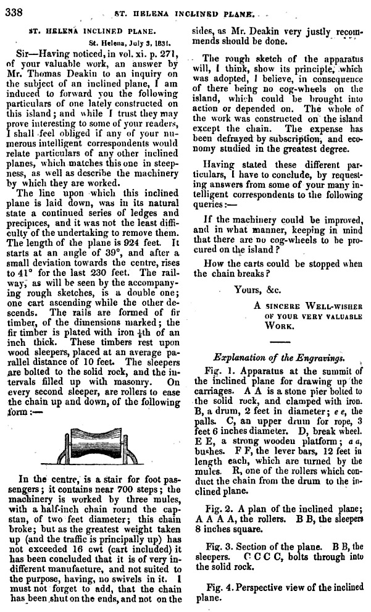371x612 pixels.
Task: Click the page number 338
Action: pyautogui.click(x=13, y=11)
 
